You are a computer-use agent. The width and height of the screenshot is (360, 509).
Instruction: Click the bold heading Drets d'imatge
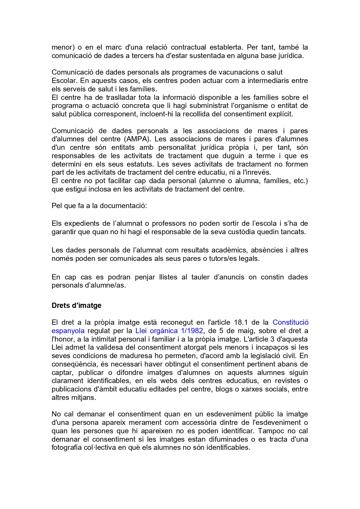tap(76, 306)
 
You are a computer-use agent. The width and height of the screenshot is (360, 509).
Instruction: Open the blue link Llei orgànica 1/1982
tap(169, 331)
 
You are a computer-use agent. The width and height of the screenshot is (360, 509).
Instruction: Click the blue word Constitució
tap(290, 322)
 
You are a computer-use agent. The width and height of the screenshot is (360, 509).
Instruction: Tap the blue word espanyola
tap(68, 331)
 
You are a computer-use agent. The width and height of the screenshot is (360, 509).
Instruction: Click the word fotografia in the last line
tap(67, 447)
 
